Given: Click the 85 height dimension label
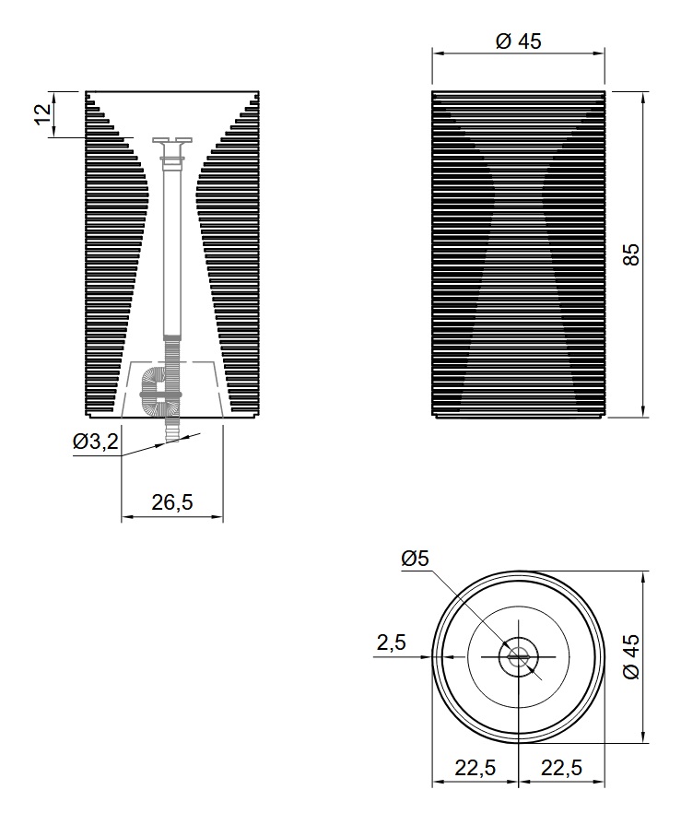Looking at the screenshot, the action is tap(631, 254).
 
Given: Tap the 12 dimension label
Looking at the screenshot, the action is tap(43, 114).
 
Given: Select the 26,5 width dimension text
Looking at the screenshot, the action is tap(172, 502).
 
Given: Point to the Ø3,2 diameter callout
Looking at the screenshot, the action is tap(96, 442).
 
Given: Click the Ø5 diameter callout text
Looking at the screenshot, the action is tap(415, 559).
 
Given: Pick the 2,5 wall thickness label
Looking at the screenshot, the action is tap(392, 642).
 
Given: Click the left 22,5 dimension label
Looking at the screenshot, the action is tap(475, 768).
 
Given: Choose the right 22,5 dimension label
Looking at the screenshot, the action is tap(561, 768).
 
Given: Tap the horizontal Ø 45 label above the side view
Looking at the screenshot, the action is tap(519, 41).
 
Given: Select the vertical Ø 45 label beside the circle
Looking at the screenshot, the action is tap(631, 656).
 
